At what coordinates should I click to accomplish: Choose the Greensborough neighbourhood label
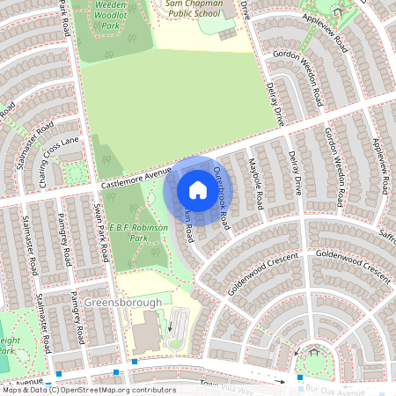124,302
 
